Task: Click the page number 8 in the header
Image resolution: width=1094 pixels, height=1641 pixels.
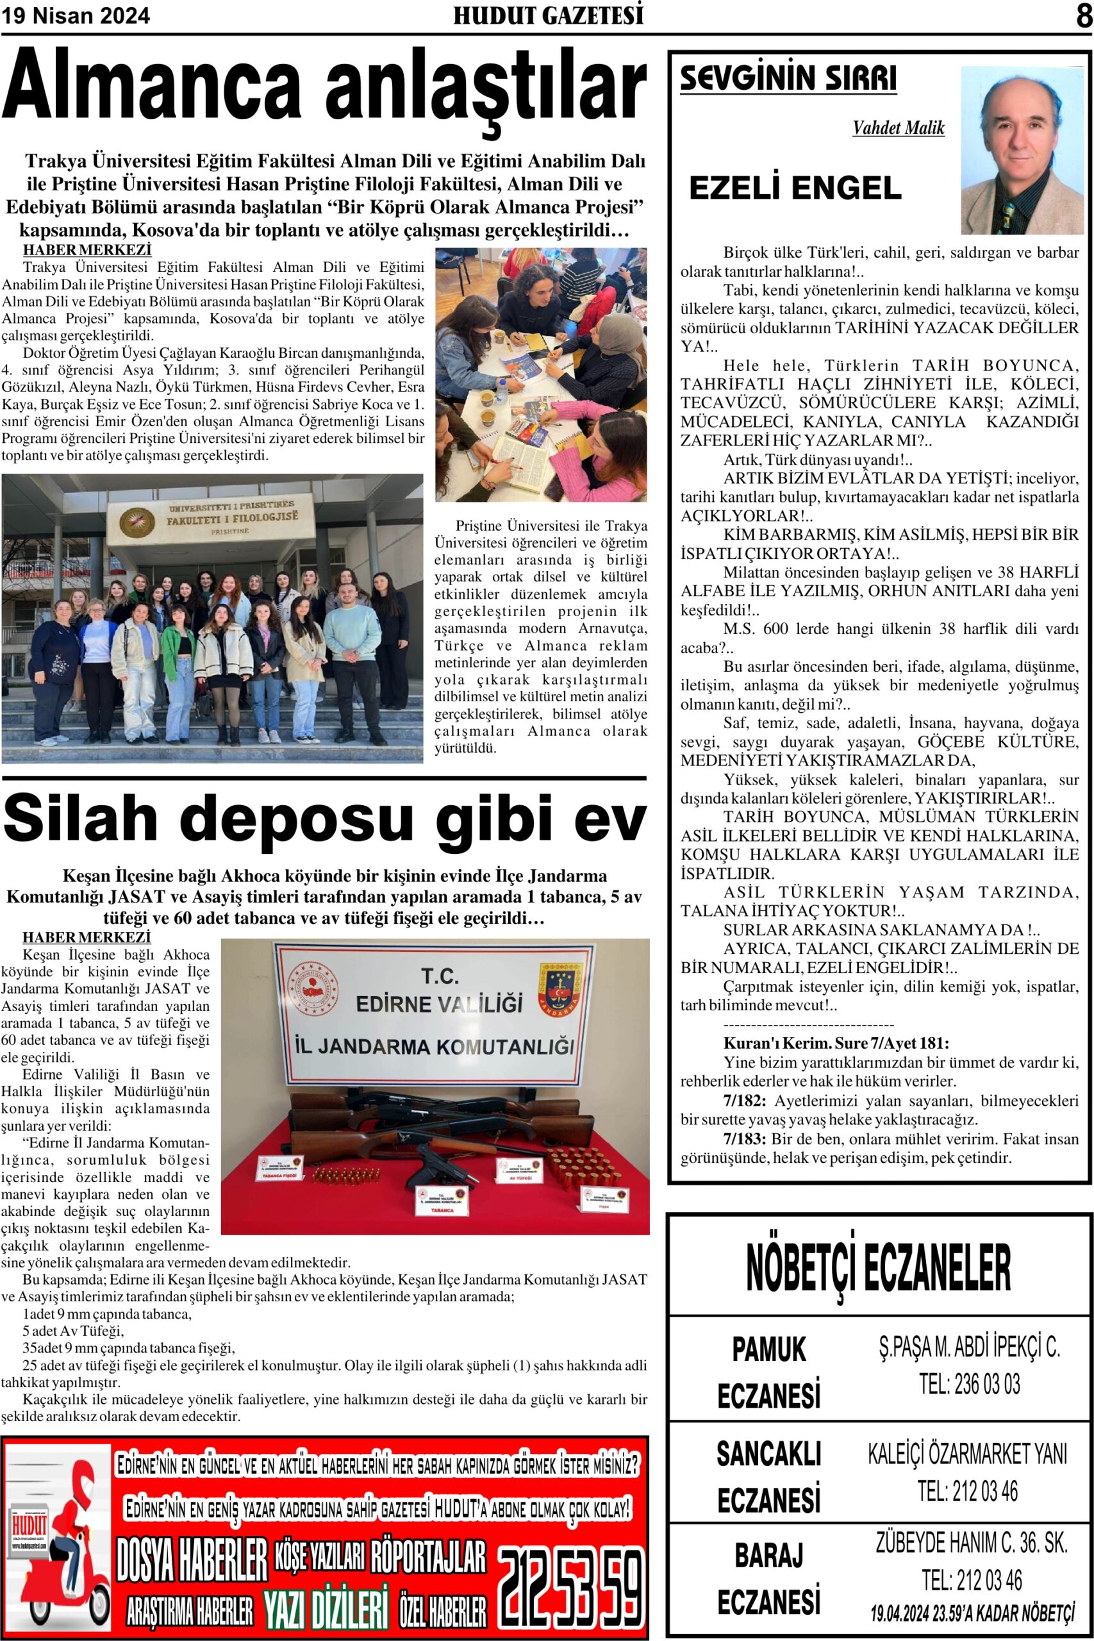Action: click(x=1083, y=16)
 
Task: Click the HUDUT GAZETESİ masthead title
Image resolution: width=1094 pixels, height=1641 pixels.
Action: click(x=548, y=16)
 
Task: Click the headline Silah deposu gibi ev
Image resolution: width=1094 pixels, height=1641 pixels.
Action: click(x=324, y=818)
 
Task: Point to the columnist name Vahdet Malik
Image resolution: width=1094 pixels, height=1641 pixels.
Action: click(x=898, y=128)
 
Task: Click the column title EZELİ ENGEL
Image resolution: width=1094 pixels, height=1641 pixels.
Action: click(x=795, y=188)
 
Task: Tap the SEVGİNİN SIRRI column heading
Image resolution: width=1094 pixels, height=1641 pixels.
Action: click(x=788, y=78)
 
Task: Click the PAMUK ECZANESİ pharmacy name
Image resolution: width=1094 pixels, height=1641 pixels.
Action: click(x=769, y=1372)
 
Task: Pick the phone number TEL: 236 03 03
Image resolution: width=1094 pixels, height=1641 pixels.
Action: click(x=969, y=1383)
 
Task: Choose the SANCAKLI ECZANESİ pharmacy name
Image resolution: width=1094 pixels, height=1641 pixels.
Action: click(x=769, y=1477)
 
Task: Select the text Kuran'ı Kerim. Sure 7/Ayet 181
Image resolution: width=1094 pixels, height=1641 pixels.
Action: click(x=836, y=1043)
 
